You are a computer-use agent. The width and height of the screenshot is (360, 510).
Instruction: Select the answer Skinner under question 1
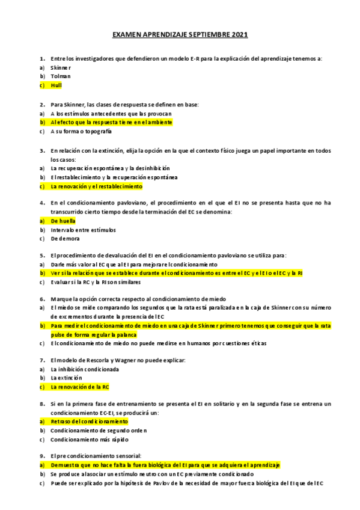61,67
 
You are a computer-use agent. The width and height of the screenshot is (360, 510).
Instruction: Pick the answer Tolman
60,76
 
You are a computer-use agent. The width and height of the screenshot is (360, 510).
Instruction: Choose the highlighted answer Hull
56,85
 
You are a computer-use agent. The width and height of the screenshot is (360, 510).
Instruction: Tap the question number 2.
42,104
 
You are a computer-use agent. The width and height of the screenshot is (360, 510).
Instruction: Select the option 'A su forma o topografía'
81,131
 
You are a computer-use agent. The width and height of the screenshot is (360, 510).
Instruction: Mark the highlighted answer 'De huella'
63,221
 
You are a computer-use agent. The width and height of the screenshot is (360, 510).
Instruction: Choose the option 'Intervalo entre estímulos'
83,230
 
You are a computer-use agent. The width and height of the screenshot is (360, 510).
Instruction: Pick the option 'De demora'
66,239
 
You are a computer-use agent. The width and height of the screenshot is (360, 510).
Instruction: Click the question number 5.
42,256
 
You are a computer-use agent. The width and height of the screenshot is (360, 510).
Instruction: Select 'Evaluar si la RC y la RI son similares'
96,282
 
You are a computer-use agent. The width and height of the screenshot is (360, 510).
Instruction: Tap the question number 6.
42,299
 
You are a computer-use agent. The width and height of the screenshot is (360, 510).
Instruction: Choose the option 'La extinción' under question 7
66,378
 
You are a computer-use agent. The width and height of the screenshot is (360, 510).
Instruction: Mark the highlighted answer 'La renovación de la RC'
80,387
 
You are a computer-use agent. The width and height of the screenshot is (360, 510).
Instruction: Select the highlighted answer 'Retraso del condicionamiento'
85,422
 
